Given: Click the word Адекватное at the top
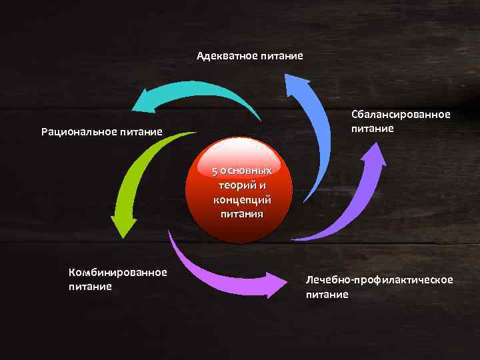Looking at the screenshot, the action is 225,56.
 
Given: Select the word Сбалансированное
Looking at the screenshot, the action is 401,115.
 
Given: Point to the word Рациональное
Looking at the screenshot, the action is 78,131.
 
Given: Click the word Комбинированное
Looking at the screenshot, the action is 117,272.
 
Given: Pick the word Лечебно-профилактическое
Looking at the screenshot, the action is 379,279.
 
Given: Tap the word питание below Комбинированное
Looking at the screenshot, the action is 90,286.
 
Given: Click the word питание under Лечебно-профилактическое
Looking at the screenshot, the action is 327,293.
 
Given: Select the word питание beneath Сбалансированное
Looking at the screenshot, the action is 373,128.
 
